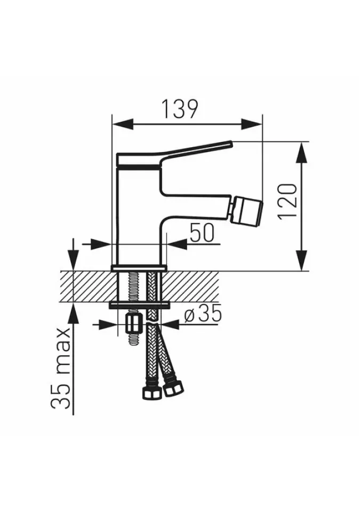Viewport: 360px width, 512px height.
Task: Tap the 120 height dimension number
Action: [x=288, y=201]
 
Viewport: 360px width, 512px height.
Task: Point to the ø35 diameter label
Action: [x=203, y=313]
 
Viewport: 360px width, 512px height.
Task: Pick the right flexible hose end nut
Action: [x=174, y=389]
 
